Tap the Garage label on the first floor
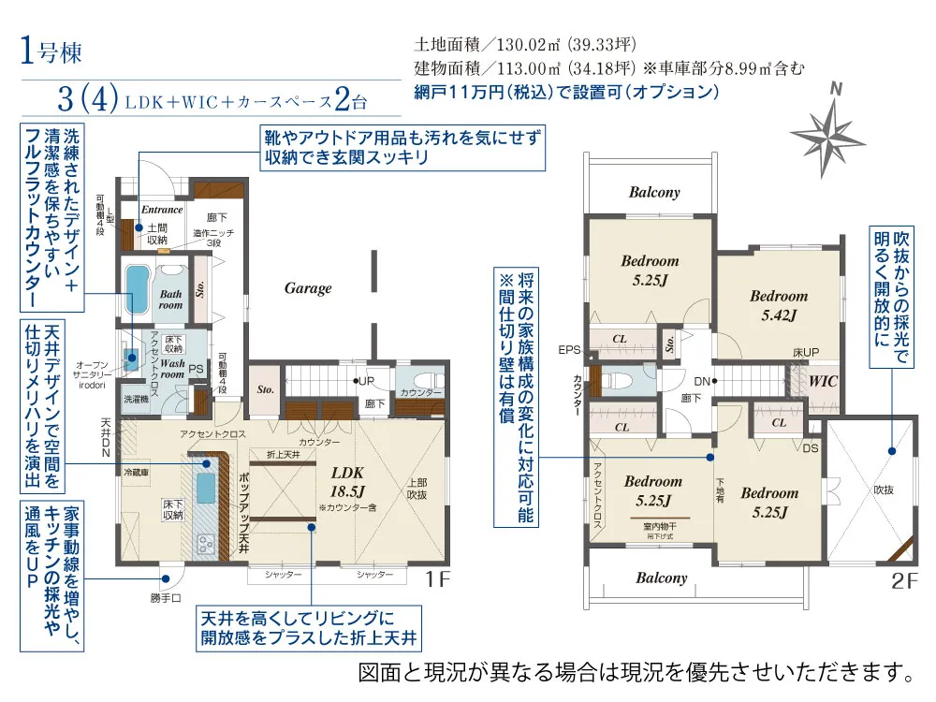click(308, 288)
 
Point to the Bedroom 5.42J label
click(778, 305)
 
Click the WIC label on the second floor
click(823, 382)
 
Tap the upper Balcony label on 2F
click(654, 192)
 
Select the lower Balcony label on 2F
click(662, 578)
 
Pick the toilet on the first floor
click(420, 378)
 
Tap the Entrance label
click(162, 210)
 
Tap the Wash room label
click(172, 368)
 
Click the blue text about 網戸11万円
click(566, 93)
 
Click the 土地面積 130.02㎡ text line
click(527, 44)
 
